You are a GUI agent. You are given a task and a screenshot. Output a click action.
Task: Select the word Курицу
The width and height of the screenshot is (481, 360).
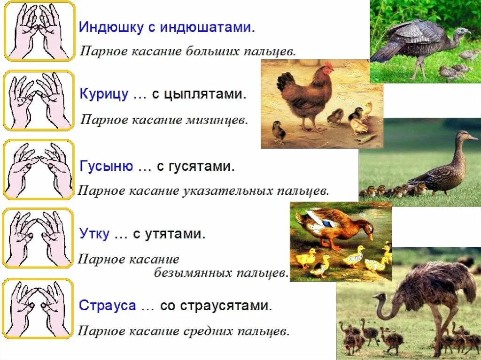tap(104, 95)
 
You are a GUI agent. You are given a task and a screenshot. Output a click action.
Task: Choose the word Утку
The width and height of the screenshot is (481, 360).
tap(94, 234)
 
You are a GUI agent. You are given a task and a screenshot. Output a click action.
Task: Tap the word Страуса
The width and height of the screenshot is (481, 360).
tap(108, 306)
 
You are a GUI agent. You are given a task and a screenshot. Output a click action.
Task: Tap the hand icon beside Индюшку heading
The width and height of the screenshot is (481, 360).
tap(39, 31)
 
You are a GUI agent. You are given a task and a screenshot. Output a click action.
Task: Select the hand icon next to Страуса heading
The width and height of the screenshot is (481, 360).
tap(39, 309)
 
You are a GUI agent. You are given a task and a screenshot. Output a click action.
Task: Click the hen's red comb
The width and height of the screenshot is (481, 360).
tap(328, 66)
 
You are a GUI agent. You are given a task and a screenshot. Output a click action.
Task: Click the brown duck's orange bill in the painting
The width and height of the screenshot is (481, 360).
tap(371, 234)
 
